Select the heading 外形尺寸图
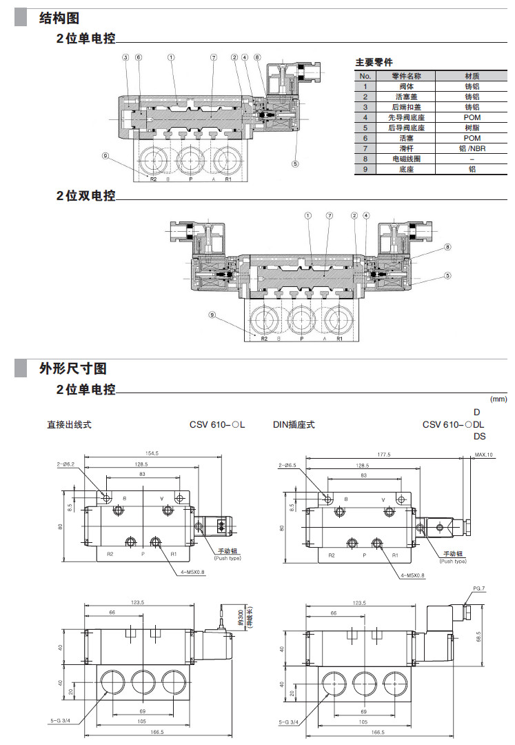point(73,369)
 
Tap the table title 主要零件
point(373,63)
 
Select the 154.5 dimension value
point(151,453)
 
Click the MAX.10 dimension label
point(484,455)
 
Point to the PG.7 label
point(480,588)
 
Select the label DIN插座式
point(294,424)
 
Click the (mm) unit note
point(498,399)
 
